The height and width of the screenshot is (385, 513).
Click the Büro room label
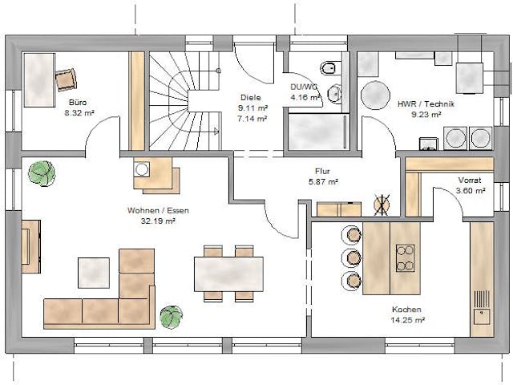[x=78, y=103]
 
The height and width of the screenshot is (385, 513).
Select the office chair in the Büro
[x=67, y=79]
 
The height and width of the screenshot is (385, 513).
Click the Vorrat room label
[x=470, y=180]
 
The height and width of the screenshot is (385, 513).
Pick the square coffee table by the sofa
[x=94, y=273]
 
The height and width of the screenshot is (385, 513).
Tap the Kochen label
[x=406, y=309]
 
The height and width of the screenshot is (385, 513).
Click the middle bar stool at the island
[x=350, y=257]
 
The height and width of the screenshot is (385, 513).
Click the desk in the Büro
[x=38, y=81]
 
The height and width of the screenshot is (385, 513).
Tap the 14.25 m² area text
[x=406, y=319]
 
